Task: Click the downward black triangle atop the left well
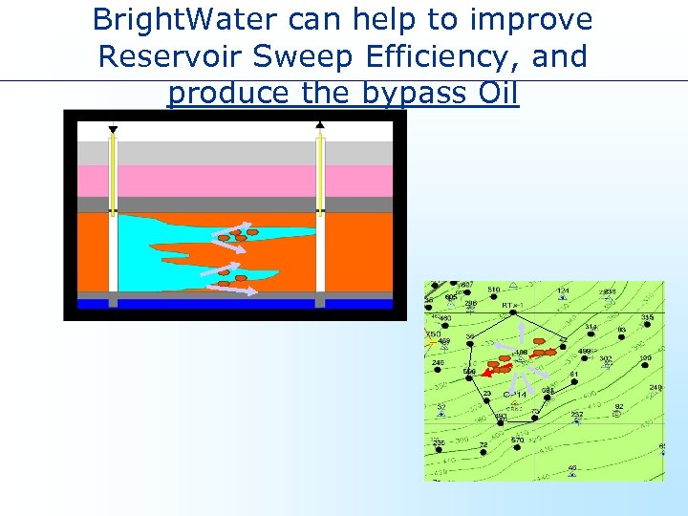pyautogui.click(x=113, y=129)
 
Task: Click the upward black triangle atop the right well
pyautogui.click(x=320, y=125)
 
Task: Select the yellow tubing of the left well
pyautogui.click(x=113, y=172)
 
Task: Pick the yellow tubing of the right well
pyautogui.click(x=320, y=172)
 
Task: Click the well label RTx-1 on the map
pyautogui.click(x=510, y=307)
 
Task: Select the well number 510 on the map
pyautogui.click(x=494, y=290)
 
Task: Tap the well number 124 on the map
pyautogui.click(x=564, y=290)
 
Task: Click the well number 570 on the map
pyautogui.click(x=517, y=440)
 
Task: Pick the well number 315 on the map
pyautogui.click(x=648, y=317)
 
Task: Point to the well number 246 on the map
pyautogui.click(x=438, y=363)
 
